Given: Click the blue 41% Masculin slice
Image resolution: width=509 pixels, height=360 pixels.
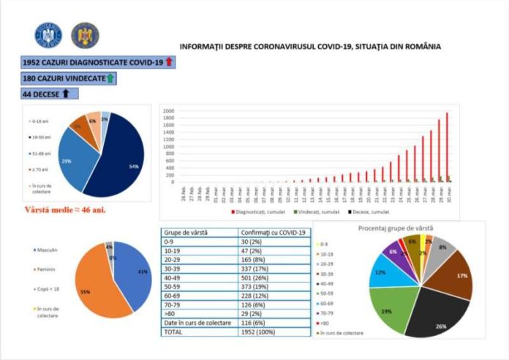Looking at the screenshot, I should [132, 274].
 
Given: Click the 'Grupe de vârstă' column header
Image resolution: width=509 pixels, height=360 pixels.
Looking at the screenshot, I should [184, 233].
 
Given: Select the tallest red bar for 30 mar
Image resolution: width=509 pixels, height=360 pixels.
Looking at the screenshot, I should [446, 147].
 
